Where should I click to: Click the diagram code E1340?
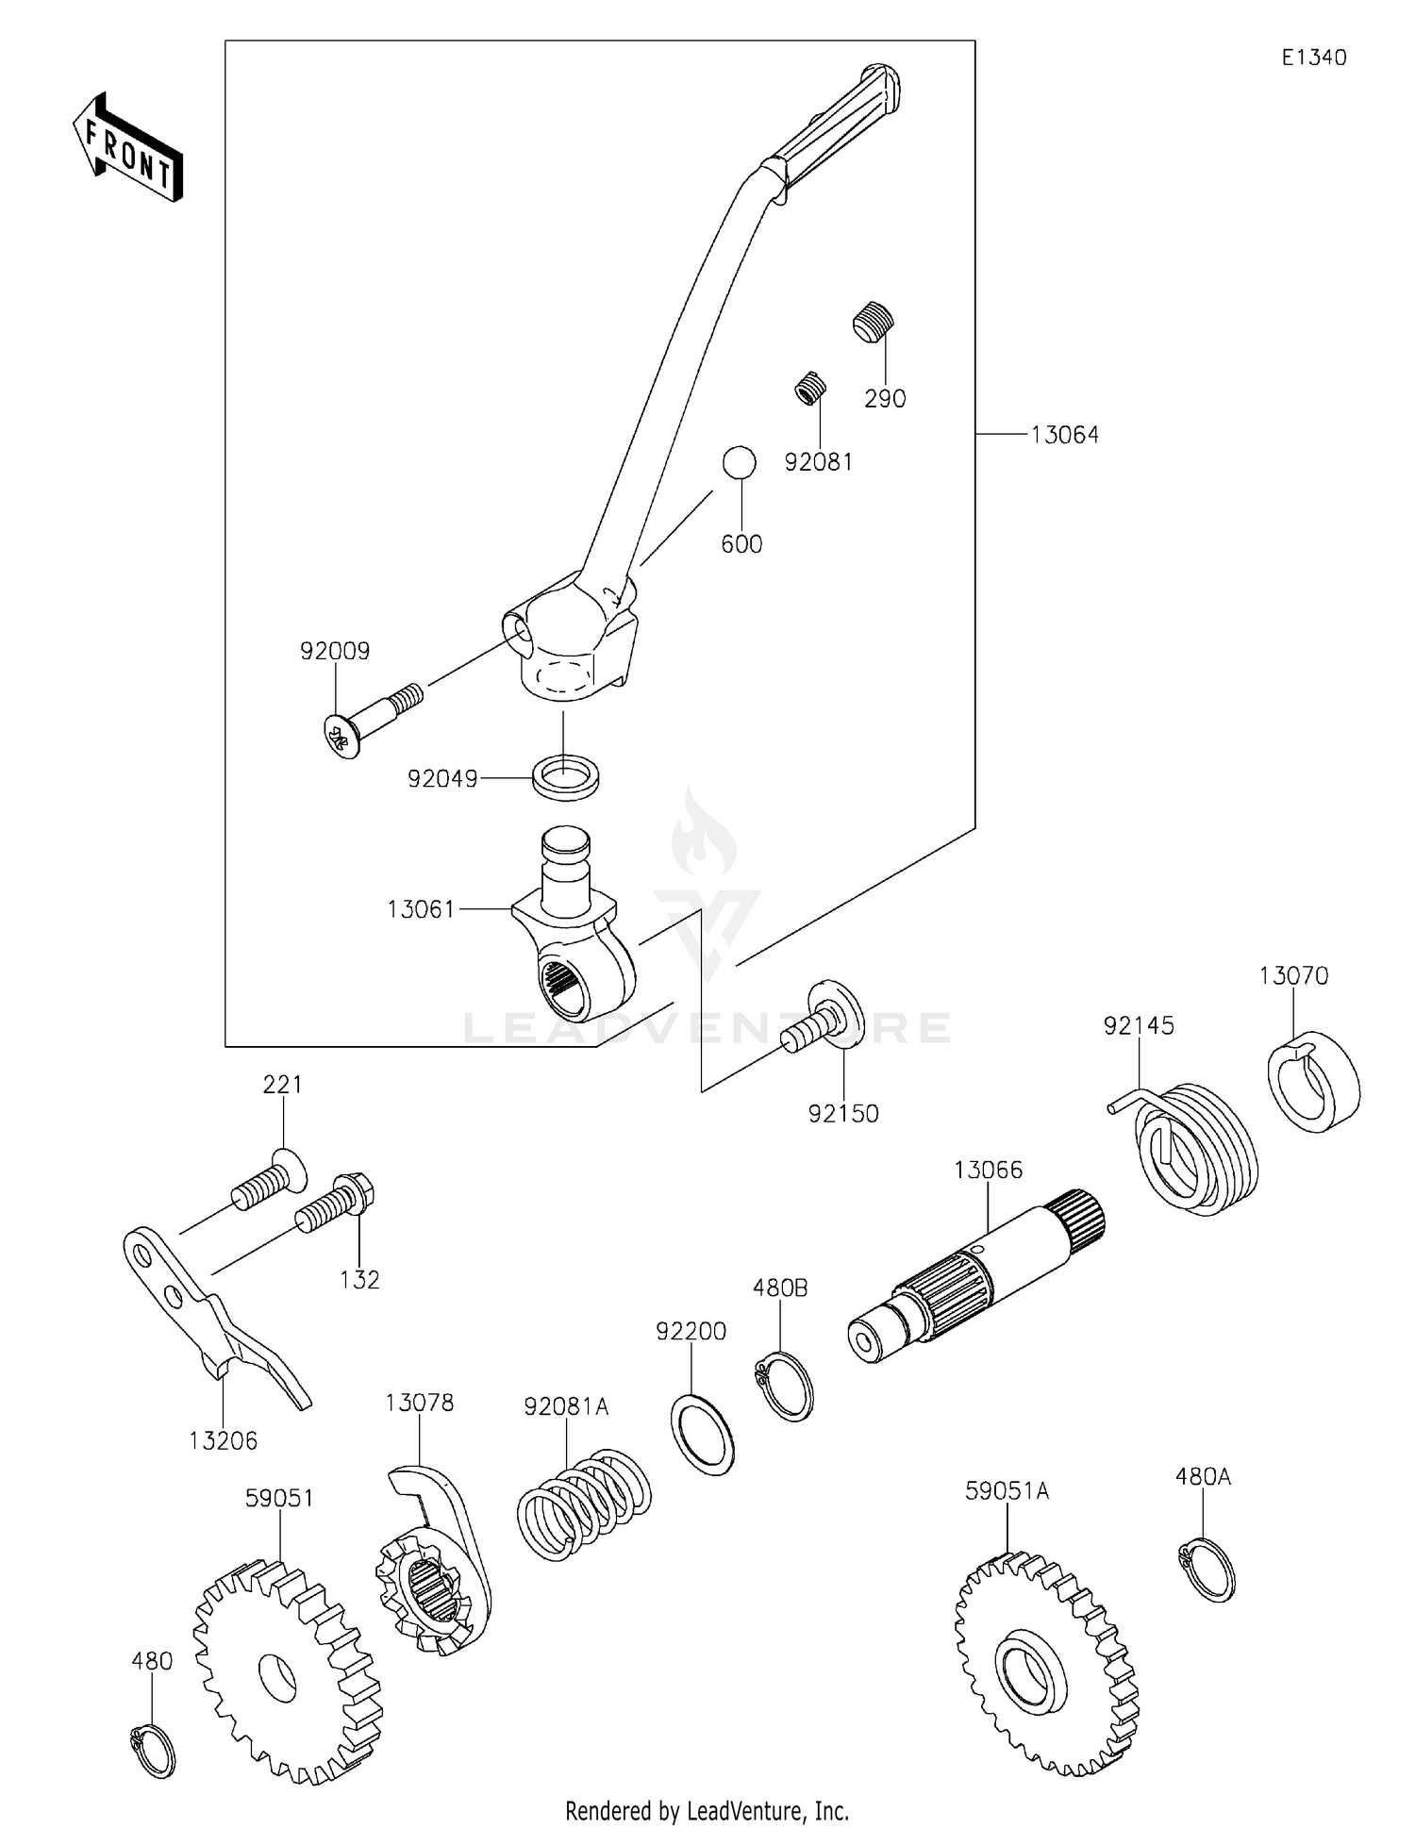pyautogui.click(x=1313, y=58)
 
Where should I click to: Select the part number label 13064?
pyautogui.click(x=1064, y=435)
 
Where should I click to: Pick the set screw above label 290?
pyautogui.click(x=874, y=322)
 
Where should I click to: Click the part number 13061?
pyautogui.click(x=421, y=909)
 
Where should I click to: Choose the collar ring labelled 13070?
pyautogui.click(x=1312, y=1083)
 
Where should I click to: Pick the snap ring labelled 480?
pyautogui.click(x=152, y=1751)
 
